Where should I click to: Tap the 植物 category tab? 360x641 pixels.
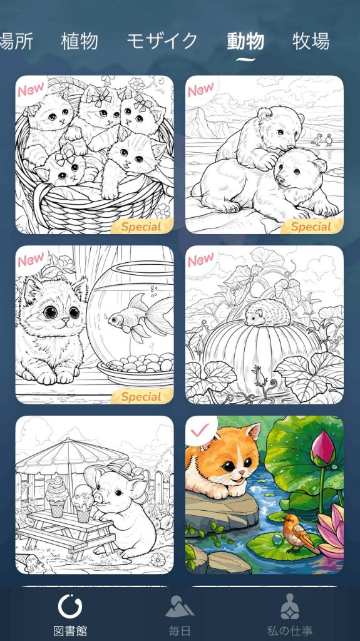pyautogui.click(x=80, y=41)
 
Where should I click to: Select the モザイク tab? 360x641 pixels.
pyautogui.click(x=162, y=41)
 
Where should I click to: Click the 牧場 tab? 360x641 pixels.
pyautogui.click(x=311, y=41)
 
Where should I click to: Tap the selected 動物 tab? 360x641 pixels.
pyautogui.click(x=245, y=41)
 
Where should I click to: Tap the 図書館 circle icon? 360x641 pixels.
pyautogui.click(x=70, y=606)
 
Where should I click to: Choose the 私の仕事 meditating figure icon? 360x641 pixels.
pyautogui.click(x=290, y=606)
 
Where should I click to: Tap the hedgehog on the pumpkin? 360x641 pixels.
pyautogui.click(x=267, y=313)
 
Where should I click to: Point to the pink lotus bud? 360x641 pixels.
pyautogui.click(x=323, y=449)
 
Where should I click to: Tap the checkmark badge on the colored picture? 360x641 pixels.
pyautogui.click(x=200, y=430)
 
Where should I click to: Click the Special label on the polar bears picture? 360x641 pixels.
pyautogui.click(x=311, y=227)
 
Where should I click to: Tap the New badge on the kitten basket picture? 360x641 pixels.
pyautogui.click(x=31, y=89)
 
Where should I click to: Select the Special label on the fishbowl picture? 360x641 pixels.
pyautogui.click(x=141, y=396)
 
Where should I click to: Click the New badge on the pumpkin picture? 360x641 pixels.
pyautogui.click(x=201, y=259)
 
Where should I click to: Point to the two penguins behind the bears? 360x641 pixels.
pyautogui.click(x=322, y=140)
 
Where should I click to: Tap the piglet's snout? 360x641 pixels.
pyautogui.click(x=98, y=496)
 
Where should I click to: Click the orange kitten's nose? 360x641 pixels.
pyautogui.click(x=242, y=473)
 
